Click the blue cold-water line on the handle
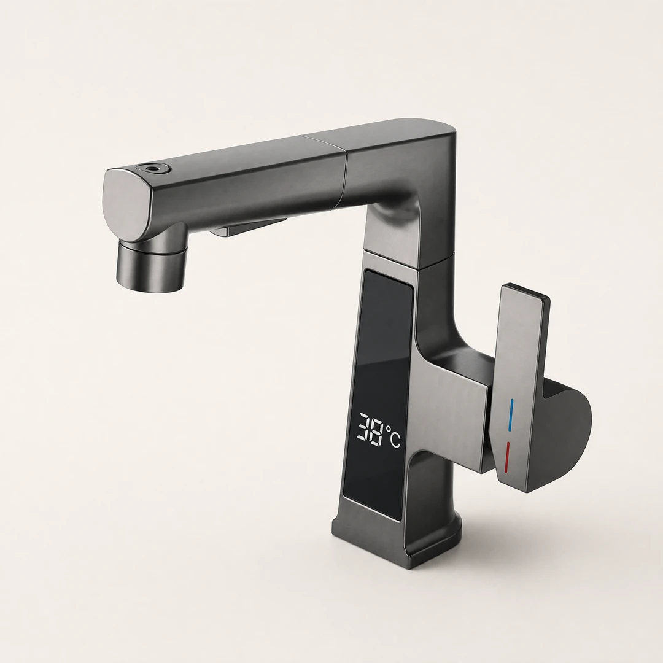point(511,415)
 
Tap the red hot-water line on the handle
point(507,457)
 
